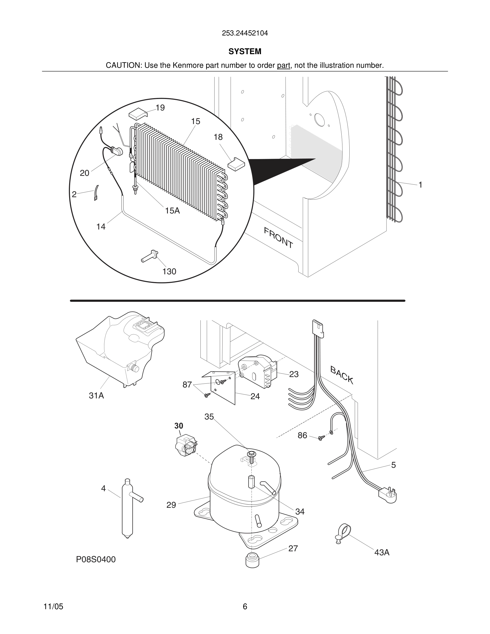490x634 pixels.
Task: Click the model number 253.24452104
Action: [x=245, y=33]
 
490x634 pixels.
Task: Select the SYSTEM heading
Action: [x=245, y=51]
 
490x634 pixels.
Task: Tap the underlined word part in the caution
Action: [x=283, y=66]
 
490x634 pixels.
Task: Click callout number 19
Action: [x=160, y=108]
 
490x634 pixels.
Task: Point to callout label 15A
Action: [x=172, y=211]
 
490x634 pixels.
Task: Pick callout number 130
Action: [x=169, y=271]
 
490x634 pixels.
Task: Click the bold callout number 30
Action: [x=179, y=426]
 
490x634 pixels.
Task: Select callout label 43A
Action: [x=382, y=552]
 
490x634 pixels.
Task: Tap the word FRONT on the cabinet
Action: [x=278, y=238]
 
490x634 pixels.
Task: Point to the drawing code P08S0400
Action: [x=96, y=559]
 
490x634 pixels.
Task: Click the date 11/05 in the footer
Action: [x=53, y=607]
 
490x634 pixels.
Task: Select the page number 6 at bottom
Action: [x=245, y=607]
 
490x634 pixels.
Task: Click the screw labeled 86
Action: [x=321, y=438]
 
